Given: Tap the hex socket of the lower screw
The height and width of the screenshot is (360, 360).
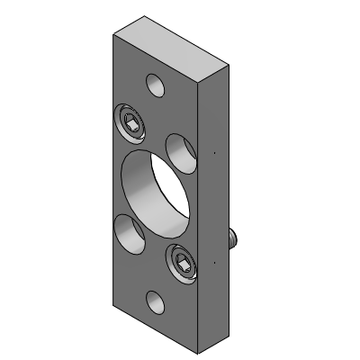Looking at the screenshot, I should [x=183, y=265].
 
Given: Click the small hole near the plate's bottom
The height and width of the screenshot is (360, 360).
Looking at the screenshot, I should [x=156, y=303].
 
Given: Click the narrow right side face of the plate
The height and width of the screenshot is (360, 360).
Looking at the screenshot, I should [x=214, y=207].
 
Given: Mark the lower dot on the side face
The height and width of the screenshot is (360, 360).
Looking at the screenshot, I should [x=215, y=261].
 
